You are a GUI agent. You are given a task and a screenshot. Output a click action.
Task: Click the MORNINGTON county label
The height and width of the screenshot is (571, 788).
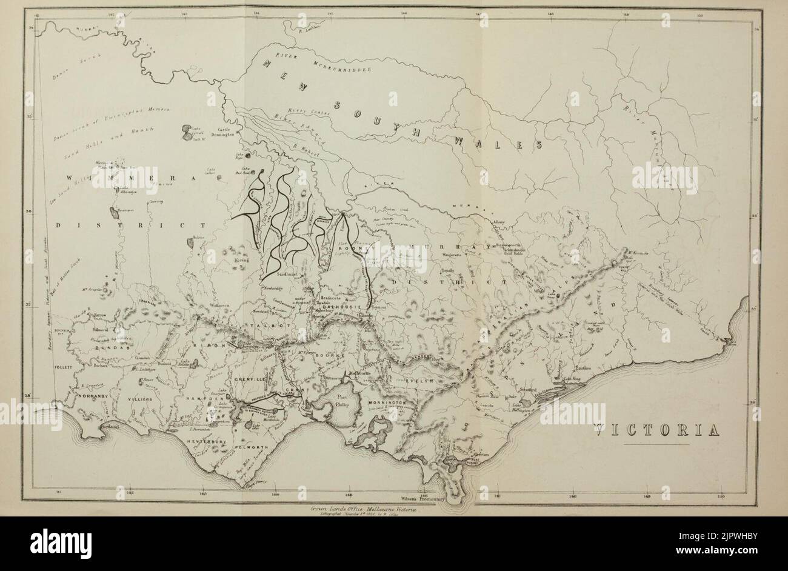pos(385,402)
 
